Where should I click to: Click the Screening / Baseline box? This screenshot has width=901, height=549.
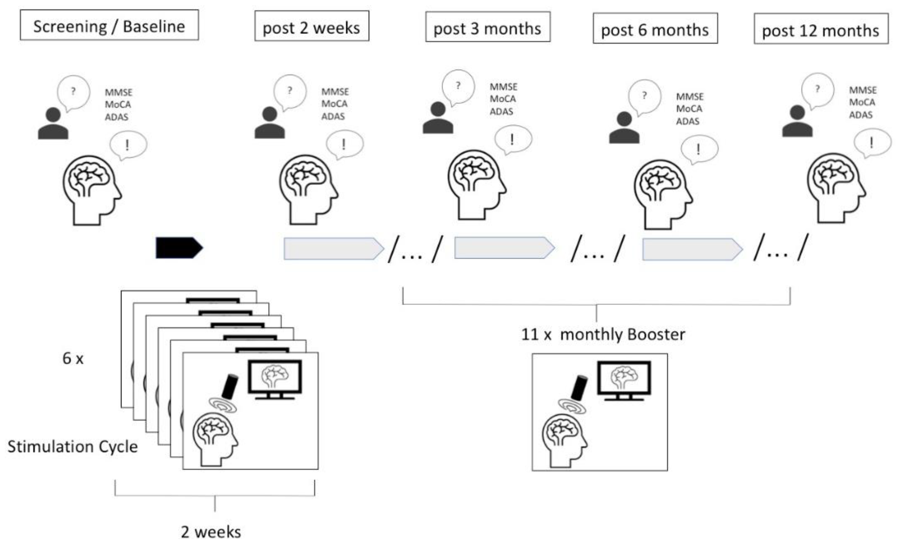[109, 25]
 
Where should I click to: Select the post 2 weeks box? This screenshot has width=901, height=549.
[311, 26]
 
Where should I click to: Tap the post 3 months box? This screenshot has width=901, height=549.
[487, 27]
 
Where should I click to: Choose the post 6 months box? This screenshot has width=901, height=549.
[655, 28]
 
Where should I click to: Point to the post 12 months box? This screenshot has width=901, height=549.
[821, 29]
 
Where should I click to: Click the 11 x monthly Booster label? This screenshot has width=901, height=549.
[603, 334]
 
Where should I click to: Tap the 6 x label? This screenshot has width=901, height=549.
[73, 359]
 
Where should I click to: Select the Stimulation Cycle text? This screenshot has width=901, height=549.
[72, 447]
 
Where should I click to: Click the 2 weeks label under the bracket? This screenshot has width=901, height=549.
[211, 532]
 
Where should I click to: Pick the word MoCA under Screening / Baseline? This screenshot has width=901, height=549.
[118, 105]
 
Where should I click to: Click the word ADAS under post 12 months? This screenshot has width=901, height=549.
[860, 115]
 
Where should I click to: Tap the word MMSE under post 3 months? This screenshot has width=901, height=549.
[503, 87]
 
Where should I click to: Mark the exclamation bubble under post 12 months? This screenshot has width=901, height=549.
[872, 143]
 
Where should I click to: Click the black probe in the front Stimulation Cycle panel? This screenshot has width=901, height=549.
[230, 386]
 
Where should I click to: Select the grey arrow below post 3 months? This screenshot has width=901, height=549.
[504, 248]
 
